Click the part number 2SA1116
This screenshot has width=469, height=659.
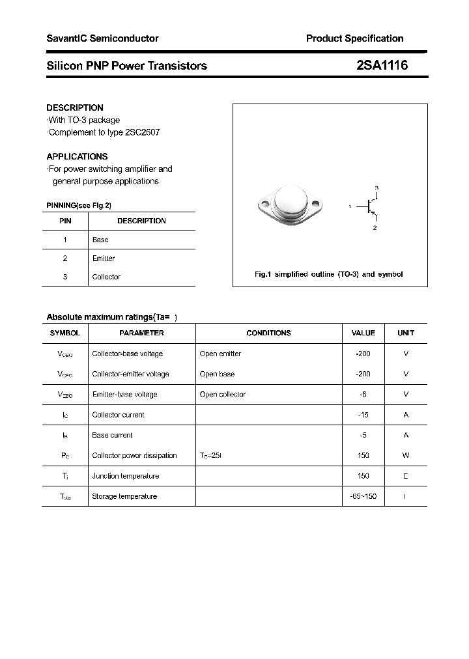pyautogui.click(x=382, y=65)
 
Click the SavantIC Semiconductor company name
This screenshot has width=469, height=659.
pyautogui.click(x=102, y=38)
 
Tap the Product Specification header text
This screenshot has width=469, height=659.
pyautogui.click(x=354, y=38)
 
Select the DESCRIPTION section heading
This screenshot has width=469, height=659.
pyautogui.click(x=75, y=107)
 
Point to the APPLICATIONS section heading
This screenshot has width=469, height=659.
pyautogui.click(x=77, y=156)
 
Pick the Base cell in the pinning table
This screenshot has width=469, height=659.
pyautogui.click(x=100, y=240)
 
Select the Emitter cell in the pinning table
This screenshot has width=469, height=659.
pyautogui.click(x=104, y=259)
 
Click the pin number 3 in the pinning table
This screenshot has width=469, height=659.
pyautogui.click(x=65, y=277)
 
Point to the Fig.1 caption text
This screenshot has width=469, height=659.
pyautogui.click(x=328, y=274)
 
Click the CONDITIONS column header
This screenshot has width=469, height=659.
pyautogui.click(x=268, y=333)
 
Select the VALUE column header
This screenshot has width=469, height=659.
pyautogui.click(x=363, y=333)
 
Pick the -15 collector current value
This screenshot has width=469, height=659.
pyautogui.click(x=363, y=415)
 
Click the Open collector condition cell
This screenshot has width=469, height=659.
pyautogui.click(x=223, y=395)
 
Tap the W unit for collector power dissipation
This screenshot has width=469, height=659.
pyautogui.click(x=406, y=456)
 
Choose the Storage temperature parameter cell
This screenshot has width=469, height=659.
pyautogui.click(x=124, y=496)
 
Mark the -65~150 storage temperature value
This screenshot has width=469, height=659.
pyautogui.click(x=363, y=496)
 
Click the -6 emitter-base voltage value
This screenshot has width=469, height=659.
pyautogui.click(x=363, y=395)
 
